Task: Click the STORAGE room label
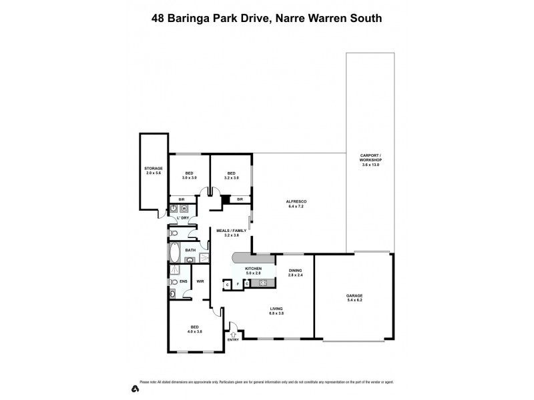pos(154,169)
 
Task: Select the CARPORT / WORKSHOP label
pos(370,158)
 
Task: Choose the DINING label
pos(296,271)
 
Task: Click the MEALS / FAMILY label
pos(232,230)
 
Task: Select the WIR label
pos(200,282)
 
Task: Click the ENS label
pos(184,282)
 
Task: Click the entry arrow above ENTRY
pos(233,333)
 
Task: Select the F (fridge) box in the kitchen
pos(237,284)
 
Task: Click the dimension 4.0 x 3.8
pos(195,331)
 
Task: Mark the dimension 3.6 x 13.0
pos(370,165)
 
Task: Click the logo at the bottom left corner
pos(134,387)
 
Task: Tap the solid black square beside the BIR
pos(226,198)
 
